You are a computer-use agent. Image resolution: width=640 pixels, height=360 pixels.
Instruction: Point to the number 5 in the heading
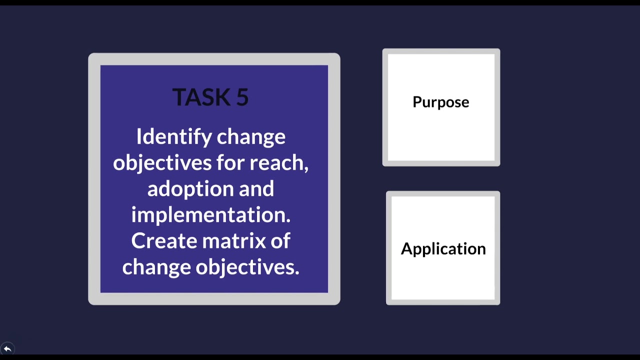pos(242,97)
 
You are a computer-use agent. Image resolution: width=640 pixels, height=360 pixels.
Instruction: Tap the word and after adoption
pos(256,188)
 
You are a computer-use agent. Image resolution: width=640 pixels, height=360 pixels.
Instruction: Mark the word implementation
pos(210,215)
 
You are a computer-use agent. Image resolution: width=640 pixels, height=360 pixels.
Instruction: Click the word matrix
pos(232,241)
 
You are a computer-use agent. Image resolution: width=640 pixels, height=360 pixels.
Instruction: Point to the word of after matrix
pos(280,241)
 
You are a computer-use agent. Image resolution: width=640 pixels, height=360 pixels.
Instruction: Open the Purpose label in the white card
pos(441,102)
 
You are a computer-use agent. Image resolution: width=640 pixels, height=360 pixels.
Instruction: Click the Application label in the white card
pos(443,248)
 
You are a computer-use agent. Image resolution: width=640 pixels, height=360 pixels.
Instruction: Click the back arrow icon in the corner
pos(7,348)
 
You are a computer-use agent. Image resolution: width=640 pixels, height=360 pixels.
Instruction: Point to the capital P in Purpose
pos(417,101)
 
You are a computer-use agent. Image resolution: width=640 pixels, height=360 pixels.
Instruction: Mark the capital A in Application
pos(406,248)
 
